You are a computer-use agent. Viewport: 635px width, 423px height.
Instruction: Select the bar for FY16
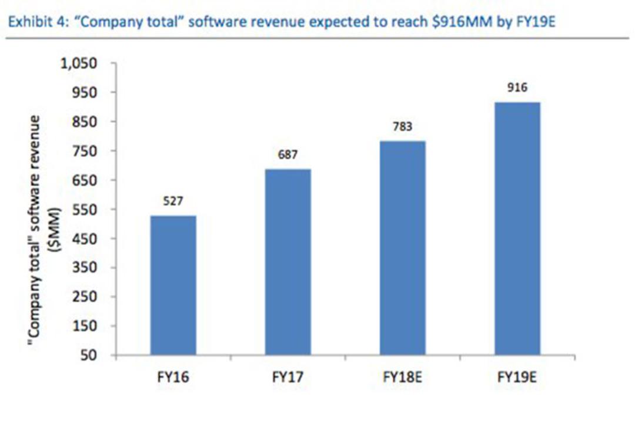tap(173, 286)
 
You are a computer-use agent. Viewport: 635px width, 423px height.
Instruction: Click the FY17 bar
tap(288, 262)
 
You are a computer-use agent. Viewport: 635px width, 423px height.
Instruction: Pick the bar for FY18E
tap(403, 248)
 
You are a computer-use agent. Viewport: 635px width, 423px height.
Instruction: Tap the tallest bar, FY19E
tap(517, 229)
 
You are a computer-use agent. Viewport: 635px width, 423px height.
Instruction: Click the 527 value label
tap(173, 201)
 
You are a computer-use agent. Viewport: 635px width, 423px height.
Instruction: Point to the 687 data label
tap(288, 155)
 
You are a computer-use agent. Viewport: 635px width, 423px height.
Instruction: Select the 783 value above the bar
tap(403, 126)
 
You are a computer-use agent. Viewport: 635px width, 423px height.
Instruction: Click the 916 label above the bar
tap(517, 88)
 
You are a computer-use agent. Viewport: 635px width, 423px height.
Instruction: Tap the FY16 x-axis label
tap(173, 377)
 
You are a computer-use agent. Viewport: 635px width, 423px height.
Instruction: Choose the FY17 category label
tap(288, 377)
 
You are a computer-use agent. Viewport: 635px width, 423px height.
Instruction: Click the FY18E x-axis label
tap(403, 377)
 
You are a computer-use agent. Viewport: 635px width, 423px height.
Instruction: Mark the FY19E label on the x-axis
tap(517, 377)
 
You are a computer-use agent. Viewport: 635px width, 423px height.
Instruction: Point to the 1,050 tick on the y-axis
tap(79, 63)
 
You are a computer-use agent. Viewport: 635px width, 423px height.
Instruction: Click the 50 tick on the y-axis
tap(89, 355)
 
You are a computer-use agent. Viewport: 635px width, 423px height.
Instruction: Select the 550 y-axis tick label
tap(85, 209)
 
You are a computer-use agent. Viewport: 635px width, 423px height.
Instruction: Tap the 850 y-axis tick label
tap(85, 122)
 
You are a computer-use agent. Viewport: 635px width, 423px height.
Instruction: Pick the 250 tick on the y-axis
tap(85, 297)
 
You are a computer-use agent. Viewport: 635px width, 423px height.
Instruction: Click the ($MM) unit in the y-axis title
tap(54, 230)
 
